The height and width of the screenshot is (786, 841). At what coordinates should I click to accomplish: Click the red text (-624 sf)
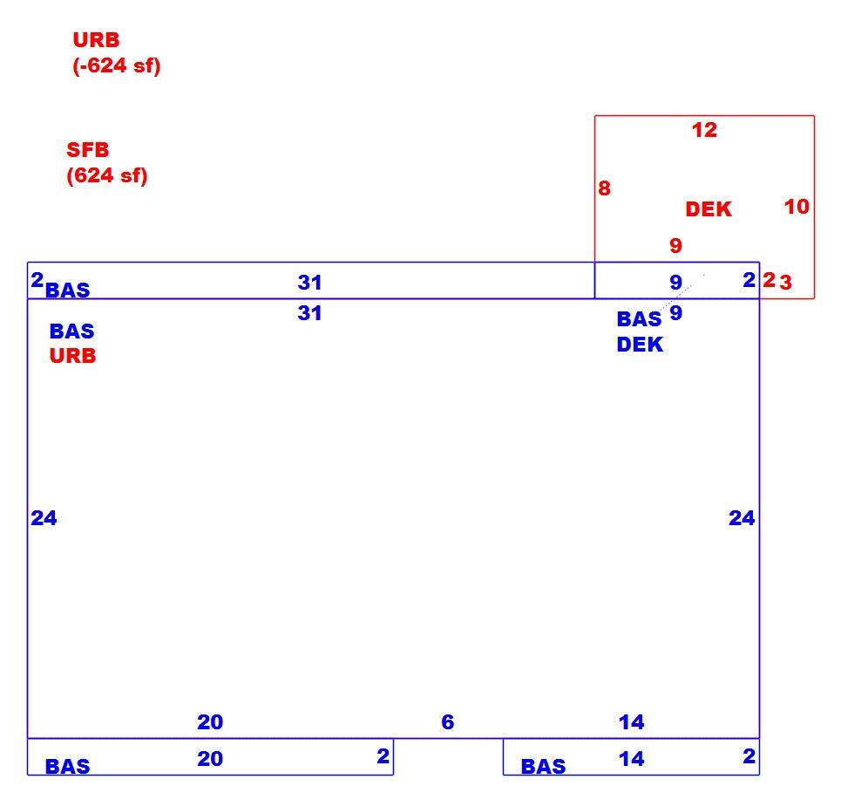coord(117,65)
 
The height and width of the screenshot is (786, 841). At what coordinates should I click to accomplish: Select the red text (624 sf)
coord(106,175)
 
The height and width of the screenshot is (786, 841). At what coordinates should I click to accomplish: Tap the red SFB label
coord(87,150)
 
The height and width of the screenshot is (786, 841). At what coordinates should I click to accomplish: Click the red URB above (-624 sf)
coord(96,40)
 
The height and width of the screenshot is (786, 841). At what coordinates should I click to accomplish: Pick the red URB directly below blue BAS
coord(72,355)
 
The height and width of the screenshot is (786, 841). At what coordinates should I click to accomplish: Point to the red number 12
coord(704,130)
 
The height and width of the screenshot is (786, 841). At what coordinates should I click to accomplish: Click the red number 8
coord(605,188)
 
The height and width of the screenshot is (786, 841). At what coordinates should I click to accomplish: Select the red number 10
coord(797,206)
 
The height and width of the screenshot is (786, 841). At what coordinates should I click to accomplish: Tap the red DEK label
coord(709,208)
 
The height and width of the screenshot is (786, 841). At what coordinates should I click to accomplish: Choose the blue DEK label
coord(640,344)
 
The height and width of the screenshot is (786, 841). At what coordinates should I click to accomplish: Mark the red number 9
coord(675,245)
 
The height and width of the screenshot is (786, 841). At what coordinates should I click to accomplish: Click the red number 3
coord(786,282)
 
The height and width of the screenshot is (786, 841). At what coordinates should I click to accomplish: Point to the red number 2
coord(770,280)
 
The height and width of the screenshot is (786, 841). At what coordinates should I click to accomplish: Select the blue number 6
coord(448,722)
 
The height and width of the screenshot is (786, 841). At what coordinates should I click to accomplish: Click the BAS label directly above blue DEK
coord(639,319)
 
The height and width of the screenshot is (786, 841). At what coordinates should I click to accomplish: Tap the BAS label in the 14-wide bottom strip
coord(543,766)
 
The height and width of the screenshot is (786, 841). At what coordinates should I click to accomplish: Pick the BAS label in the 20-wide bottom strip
coord(68,766)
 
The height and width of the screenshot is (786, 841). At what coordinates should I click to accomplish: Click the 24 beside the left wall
coord(44,518)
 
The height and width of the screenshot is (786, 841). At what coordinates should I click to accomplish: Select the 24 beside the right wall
coord(742,518)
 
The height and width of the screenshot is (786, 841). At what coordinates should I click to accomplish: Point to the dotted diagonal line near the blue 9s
coord(682,292)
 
